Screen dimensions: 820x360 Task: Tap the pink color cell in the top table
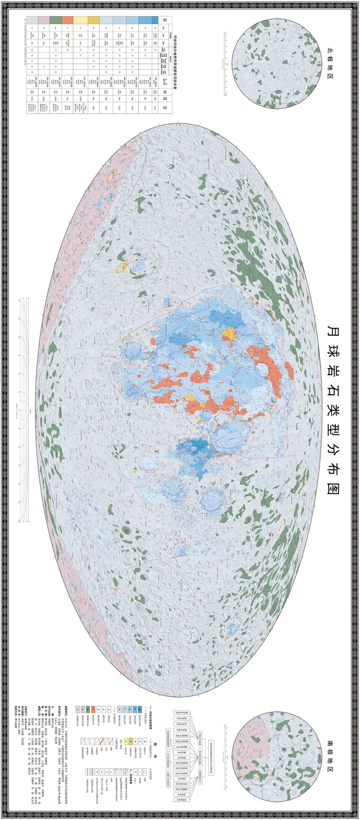(42, 20)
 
